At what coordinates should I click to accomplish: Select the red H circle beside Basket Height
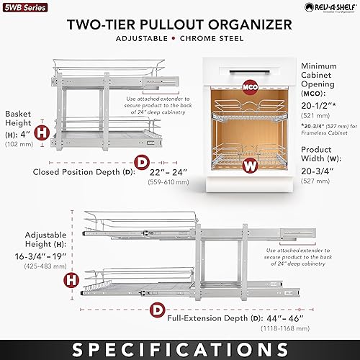(x=42, y=132)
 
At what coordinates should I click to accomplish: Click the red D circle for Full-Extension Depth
(x=156, y=310)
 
